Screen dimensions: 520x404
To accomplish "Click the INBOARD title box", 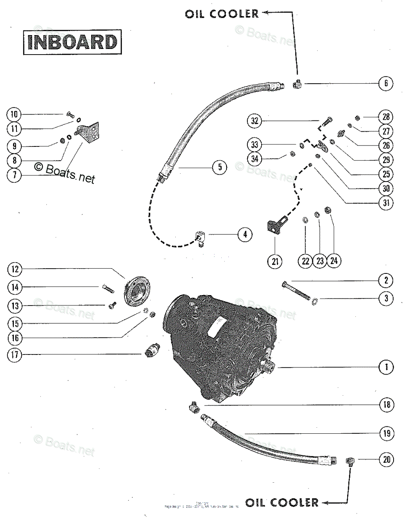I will click(x=72, y=42).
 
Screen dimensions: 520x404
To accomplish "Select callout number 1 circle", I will click(x=386, y=367).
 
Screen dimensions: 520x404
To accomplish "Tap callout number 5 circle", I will click(x=220, y=167).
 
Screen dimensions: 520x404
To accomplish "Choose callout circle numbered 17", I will click(x=14, y=355).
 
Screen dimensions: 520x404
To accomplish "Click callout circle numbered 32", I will click(x=256, y=121).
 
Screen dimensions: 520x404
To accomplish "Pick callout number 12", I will click(x=14, y=270).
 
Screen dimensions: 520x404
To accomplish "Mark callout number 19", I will click(x=386, y=432).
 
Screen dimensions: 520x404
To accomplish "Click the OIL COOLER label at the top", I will click(x=222, y=14).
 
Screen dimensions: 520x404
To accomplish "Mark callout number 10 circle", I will click(x=14, y=114).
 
